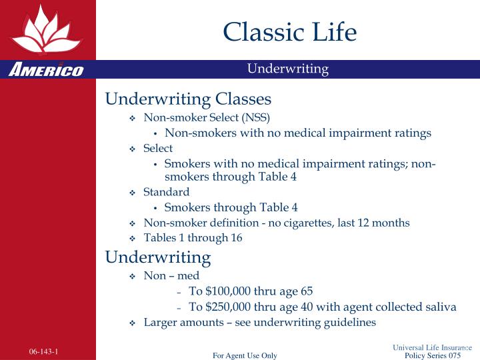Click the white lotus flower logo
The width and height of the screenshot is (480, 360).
[x=46, y=31]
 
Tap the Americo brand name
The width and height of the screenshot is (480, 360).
[x=46, y=69]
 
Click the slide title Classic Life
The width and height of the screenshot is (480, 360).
[x=290, y=32]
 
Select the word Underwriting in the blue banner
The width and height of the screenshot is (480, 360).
[x=288, y=69]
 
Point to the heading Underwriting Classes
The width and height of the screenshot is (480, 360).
[x=188, y=99]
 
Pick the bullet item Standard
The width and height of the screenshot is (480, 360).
[x=166, y=192]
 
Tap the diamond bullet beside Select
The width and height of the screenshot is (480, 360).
[x=132, y=149]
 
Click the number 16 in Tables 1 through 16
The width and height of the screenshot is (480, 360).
[x=237, y=237]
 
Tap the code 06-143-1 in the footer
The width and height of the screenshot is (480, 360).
[x=43, y=351]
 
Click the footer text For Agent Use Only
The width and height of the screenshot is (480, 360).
[x=245, y=355]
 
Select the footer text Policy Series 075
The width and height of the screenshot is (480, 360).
[x=433, y=355]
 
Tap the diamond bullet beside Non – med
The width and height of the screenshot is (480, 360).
[x=132, y=277]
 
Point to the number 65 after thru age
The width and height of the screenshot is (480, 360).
[x=307, y=291]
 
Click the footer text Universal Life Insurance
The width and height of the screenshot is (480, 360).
[x=432, y=347]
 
